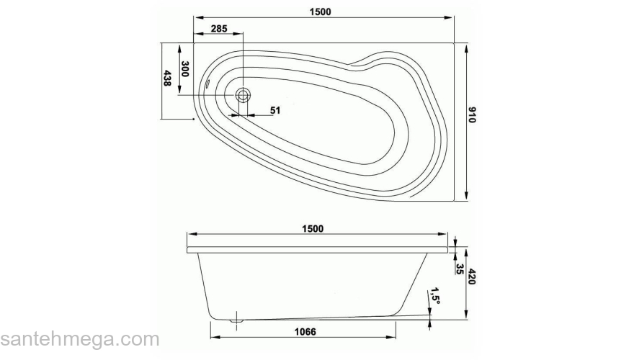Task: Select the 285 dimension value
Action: point(218,29)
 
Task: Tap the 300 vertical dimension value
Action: point(184,70)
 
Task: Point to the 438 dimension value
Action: point(168,78)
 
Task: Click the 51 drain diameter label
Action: point(275,110)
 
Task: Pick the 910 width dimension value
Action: point(473,115)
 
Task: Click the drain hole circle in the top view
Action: point(244,94)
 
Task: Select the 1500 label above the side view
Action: point(313,229)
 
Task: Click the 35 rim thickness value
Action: point(459,269)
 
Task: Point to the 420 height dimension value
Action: point(473,278)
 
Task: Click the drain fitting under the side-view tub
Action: point(235,319)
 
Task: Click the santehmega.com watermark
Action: point(79,339)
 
